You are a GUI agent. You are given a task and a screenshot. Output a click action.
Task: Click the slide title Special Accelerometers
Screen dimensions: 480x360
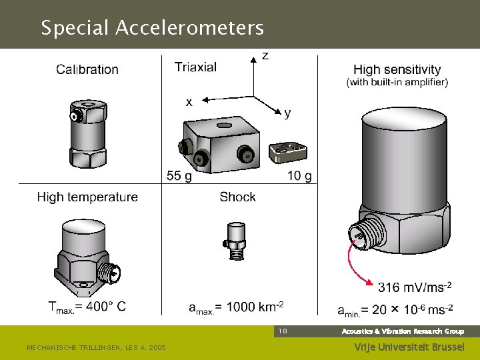click(152, 28)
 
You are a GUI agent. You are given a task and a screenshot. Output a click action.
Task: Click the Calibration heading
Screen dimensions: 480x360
click(87, 69)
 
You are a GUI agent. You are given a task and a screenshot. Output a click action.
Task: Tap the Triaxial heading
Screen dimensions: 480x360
click(195, 67)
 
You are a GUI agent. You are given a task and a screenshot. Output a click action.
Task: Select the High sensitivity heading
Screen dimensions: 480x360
click(397, 69)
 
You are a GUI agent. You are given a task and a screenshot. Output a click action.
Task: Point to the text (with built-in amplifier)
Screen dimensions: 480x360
click(397, 82)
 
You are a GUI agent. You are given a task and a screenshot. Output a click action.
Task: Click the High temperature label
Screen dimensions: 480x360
click(87, 197)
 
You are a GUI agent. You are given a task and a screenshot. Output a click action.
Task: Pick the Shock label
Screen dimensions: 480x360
click(237, 197)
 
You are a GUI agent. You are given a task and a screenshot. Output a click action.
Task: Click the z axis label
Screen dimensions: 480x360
click(265, 56)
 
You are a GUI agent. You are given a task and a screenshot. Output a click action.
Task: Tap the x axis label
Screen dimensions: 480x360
click(189, 102)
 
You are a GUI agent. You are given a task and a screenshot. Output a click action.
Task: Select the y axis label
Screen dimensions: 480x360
click(287, 113)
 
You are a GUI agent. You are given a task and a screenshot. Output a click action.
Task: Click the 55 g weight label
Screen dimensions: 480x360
click(179, 176)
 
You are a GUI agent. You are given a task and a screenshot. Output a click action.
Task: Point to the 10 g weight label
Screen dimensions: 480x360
click(299, 176)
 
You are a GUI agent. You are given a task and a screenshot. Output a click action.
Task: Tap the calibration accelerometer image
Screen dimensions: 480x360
click(87, 133)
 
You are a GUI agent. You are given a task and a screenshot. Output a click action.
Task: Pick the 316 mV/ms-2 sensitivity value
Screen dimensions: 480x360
click(415, 287)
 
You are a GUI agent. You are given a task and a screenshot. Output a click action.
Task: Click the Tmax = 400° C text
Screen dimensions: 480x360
click(87, 307)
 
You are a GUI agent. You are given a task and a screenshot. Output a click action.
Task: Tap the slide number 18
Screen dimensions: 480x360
click(283, 331)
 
